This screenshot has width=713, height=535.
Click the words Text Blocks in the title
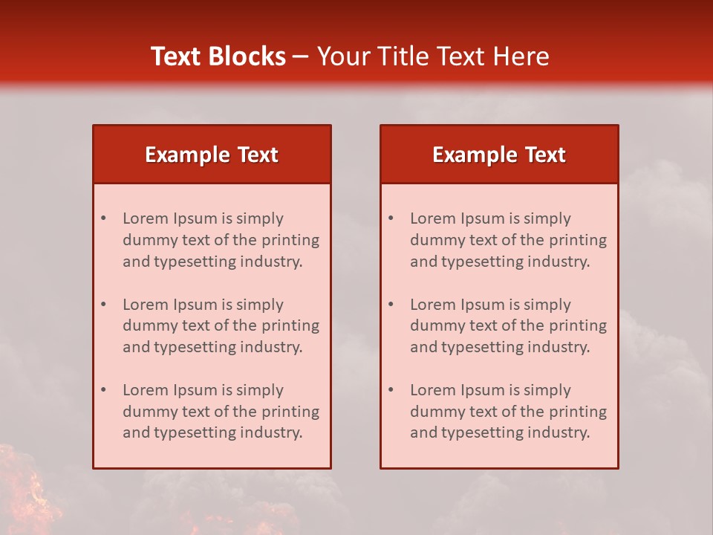pyautogui.click(x=218, y=56)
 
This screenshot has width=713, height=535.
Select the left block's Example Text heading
pyautogui.click(x=212, y=155)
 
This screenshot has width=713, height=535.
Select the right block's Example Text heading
pyautogui.click(x=499, y=155)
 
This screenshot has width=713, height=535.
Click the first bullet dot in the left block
pyautogui.click(x=104, y=218)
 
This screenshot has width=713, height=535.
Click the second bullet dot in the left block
pyautogui.click(x=104, y=305)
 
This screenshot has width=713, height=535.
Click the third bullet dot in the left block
pyautogui.click(x=104, y=390)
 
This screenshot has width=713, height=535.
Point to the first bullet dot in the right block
pyautogui.click(x=391, y=218)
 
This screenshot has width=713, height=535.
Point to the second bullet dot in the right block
pyautogui.click(x=391, y=305)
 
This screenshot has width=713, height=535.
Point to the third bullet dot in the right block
pyautogui.click(x=391, y=390)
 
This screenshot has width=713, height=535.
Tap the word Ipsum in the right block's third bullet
pyautogui.click(x=485, y=390)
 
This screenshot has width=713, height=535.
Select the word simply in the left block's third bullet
pyautogui.click(x=260, y=390)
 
